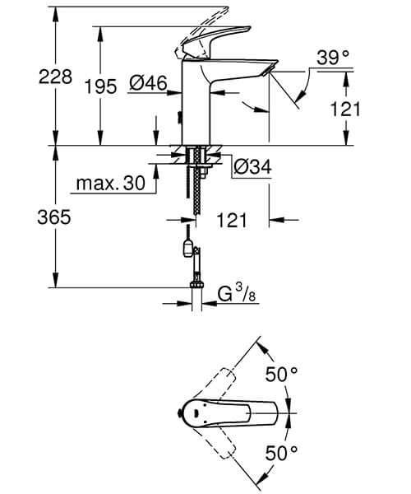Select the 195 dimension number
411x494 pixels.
(x=100, y=87)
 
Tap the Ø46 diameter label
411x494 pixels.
(x=148, y=82)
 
